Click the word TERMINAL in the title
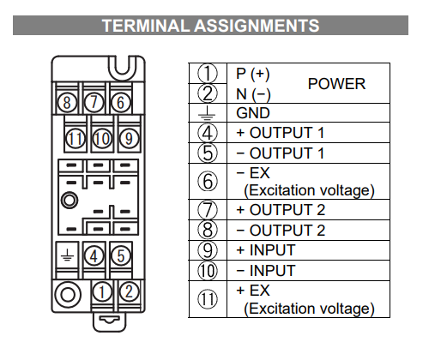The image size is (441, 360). pos(146,26)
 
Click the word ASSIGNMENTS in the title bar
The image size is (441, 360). pos(257,26)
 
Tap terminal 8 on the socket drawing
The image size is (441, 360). pos(67,103)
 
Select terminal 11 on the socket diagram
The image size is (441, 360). pos(76,139)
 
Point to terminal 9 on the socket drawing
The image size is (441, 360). pos(129,139)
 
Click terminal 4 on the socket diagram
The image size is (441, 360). pos(94,256)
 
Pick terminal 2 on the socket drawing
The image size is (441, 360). pos(129,291)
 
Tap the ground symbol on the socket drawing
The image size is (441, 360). pos(67,255)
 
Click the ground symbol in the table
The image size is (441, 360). pos(207,113)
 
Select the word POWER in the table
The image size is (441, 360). pos(336,84)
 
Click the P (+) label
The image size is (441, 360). pos(253,74)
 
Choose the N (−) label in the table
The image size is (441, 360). pos(253,94)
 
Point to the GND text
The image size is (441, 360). pos(253,113)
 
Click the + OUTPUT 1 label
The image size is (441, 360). pos(281,133)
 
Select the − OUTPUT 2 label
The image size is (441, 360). pos(281,231)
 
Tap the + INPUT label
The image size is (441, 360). pos(266,250)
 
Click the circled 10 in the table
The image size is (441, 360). pos(208,270)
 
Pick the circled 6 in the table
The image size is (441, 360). pos(208,181)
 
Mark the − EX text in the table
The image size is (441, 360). pos(253,173)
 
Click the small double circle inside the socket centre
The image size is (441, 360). pos(69,200)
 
